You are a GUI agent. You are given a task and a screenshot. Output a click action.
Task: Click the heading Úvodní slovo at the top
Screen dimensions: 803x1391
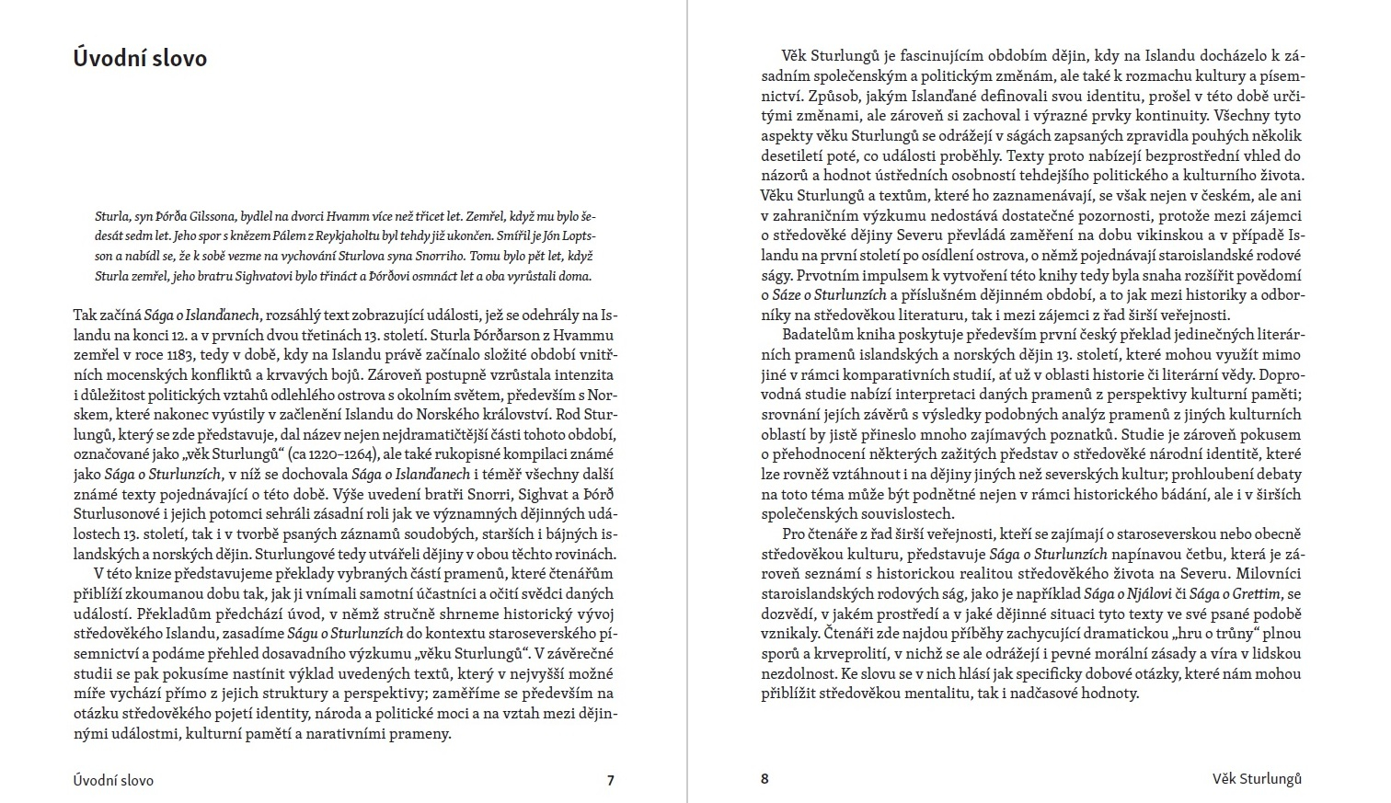[140, 58]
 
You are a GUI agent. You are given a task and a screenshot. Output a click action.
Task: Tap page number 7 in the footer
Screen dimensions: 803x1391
[610, 780]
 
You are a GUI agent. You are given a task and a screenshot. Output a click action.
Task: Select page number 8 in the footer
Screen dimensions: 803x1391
[764, 779]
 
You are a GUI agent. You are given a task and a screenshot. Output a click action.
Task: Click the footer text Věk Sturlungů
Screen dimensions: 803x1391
[1257, 779]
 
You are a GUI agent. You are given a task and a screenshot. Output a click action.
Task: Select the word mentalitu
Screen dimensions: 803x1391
[926, 693]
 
